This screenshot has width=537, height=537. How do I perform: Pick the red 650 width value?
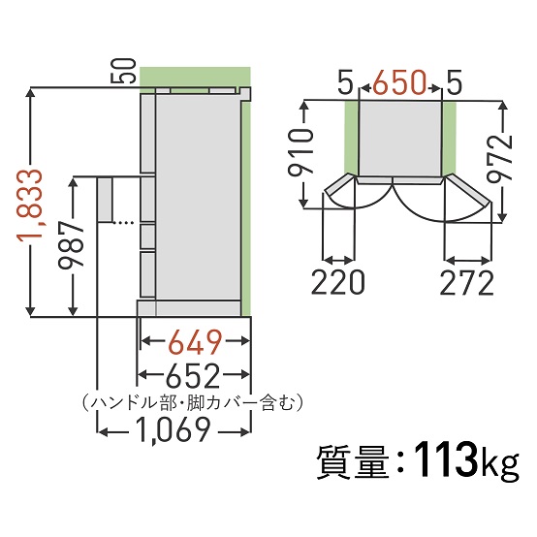[x=401, y=84]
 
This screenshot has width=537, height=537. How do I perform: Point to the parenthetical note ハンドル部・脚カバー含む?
[x=193, y=400]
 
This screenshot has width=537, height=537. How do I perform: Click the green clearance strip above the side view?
[x=194, y=77]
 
